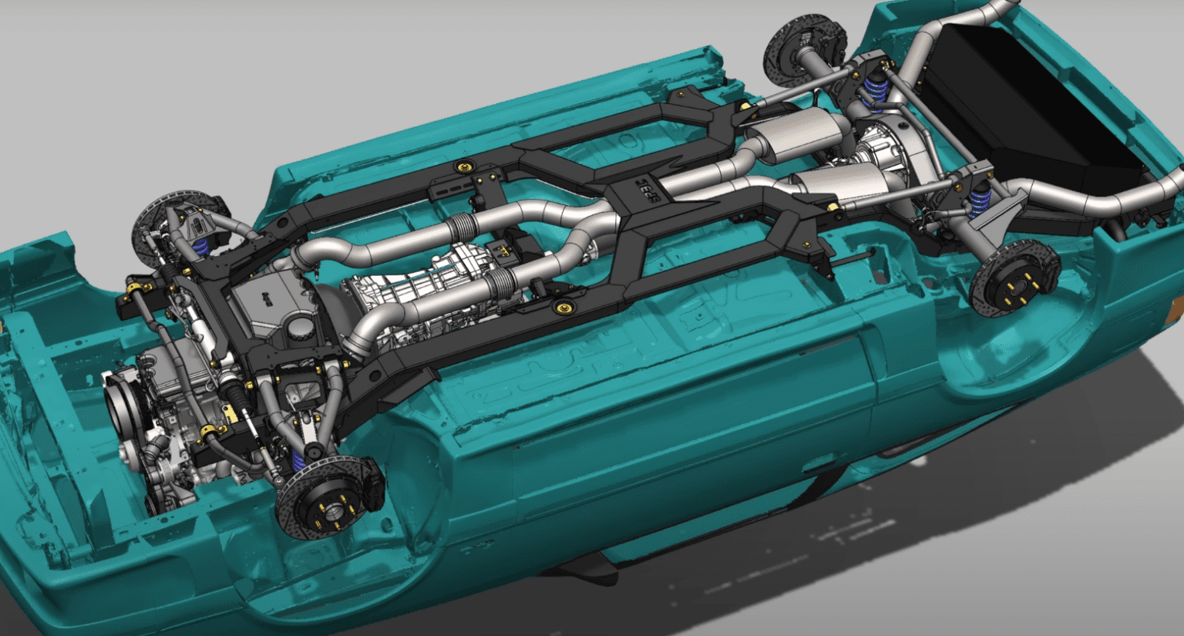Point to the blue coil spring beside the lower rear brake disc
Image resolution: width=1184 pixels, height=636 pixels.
[x=980, y=202]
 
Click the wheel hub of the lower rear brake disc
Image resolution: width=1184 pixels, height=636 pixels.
[x=1014, y=288]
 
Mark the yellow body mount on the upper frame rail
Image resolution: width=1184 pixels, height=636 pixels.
[x=465, y=167]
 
